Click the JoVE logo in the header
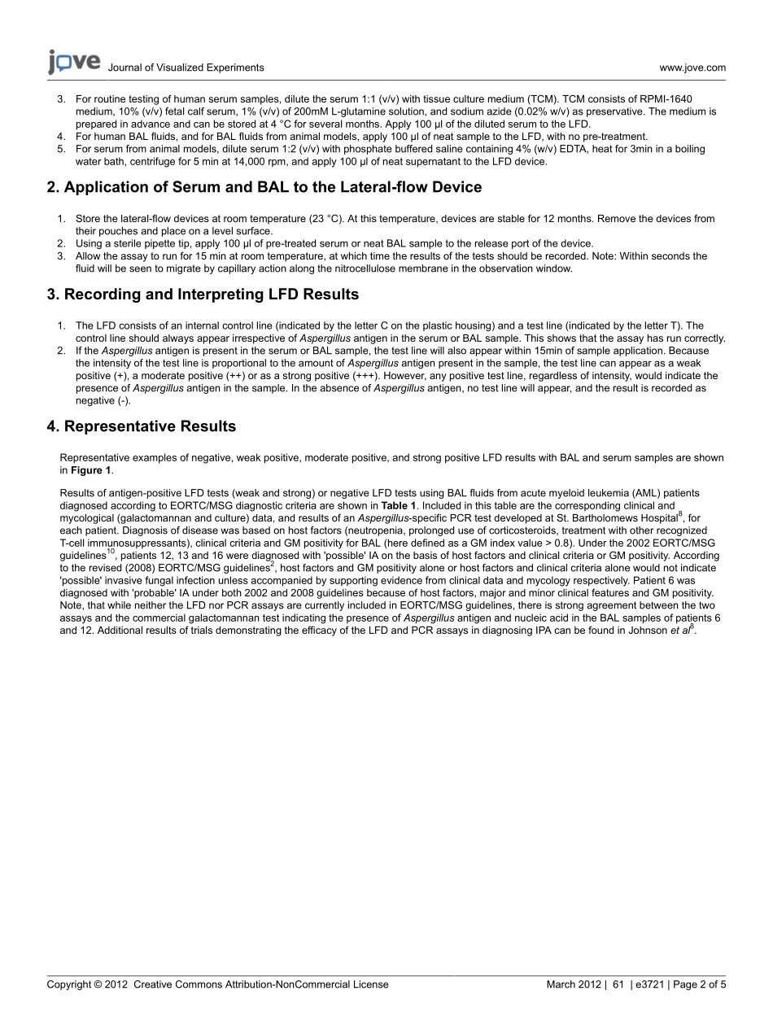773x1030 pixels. point(74,62)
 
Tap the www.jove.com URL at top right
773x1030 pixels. point(692,68)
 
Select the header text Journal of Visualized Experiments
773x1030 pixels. point(186,68)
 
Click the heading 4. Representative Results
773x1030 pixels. point(142,426)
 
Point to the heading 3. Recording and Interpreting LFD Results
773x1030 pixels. point(203,295)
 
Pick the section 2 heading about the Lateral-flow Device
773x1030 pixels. point(264,187)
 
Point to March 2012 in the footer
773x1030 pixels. point(573,984)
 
